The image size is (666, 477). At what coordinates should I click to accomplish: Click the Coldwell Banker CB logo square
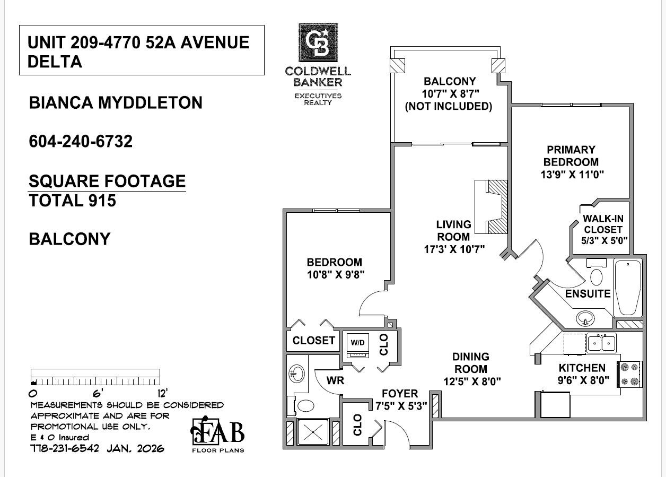tap(318, 43)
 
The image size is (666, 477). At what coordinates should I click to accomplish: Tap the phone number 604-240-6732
tap(81, 141)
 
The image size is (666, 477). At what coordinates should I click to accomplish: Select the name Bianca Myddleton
tap(116, 102)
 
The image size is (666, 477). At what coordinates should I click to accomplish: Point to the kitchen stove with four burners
tap(630, 374)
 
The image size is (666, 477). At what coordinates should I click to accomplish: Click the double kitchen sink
tap(601, 343)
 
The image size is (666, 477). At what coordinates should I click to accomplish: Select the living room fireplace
tap(492, 207)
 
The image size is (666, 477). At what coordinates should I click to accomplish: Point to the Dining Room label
tap(471, 363)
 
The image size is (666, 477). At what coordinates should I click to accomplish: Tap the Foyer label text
tap(400, 394)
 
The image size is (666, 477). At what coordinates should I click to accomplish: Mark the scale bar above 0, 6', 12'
tap(95, 377)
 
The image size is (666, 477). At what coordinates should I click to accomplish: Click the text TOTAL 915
tap(72, 201)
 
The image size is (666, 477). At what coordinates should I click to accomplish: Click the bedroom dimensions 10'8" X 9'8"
tap(335, 274)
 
